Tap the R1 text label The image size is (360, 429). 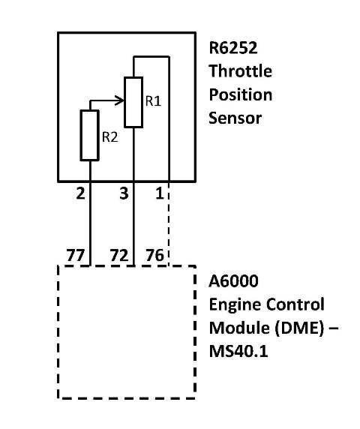[x=153, y=101]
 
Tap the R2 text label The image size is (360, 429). [x=110, y=136]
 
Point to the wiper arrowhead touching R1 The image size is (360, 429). [x=120, y=100]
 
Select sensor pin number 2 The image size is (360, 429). [x=80, y=193]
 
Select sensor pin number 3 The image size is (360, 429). [x=124, y=193]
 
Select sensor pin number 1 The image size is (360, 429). [x=160, y=193]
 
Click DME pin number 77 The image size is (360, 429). [x=76, y=256]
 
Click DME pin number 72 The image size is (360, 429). [x=119, y=256]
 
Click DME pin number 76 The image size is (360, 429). [x=154, y=256]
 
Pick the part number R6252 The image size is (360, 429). [x=233, y=47]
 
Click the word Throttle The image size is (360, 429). [x=241, y=71]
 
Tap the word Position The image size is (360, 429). [x=241, y=94]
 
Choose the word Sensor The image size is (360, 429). [x=235, y=118]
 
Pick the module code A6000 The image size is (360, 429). [x=233, y=281]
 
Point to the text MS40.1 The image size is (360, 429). [x=238, y=351]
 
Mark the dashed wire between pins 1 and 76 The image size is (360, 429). [x=169, y=223]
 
